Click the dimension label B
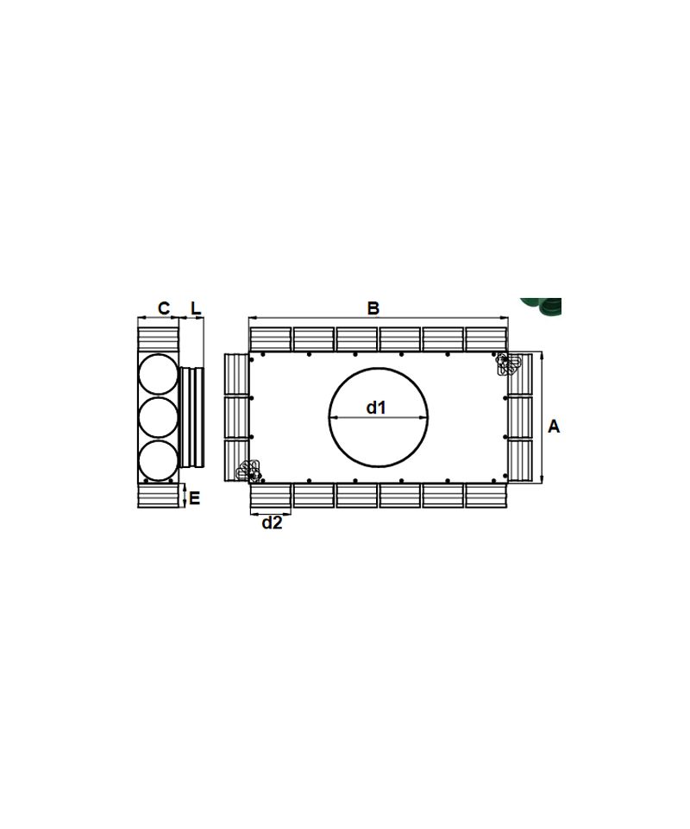[x=373, y=307]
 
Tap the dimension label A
[x=553, y=426]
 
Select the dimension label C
[x=164, y=307]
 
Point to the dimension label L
[x=196, y=307]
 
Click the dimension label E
[x=194, y=497]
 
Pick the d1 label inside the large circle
[x=376, y=407]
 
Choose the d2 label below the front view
[x=272, y=523]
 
